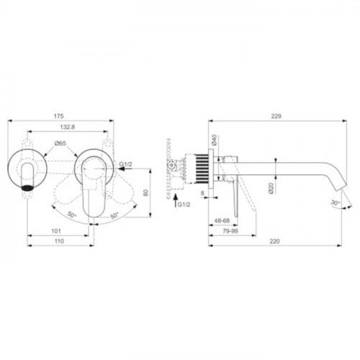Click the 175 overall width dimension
[x=59, y=116]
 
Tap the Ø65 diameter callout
[x=60, y=143]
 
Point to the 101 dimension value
[x=56, y=231]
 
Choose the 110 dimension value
[x=59, y=240]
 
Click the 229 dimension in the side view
[x=276, y=116]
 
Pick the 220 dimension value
[x=274, y=240]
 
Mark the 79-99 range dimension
[x=230, y=231]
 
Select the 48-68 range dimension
[x=222, y=220]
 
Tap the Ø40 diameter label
[x=215, y=140]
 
